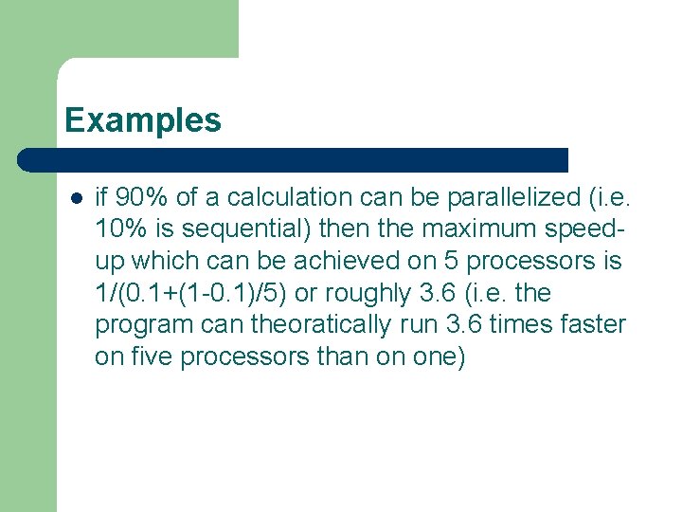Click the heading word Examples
coord(143,120)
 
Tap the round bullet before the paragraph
coord(77,198)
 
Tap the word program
coord(143,325)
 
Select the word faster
coord(592,325)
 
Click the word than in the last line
coord(337,357)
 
